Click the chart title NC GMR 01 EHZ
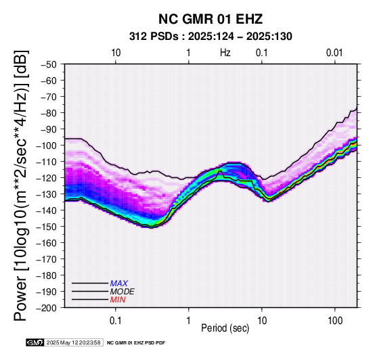tap(211, 19)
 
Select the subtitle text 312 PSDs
tap(154, 37)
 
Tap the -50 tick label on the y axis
tap(49, 64)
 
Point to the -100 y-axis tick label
tap(47, 145)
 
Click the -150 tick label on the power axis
tap(47, 227)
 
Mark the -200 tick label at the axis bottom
tap(47, 308)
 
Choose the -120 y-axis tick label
tap(47, 178)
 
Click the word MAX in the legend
tap(119, 284)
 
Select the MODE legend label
tap(123, 292)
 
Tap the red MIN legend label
tap(118, 300)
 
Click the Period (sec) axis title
tap(225, 328)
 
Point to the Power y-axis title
tap(21, 185)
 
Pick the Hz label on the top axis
tap(225, 53)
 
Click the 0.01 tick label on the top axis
tap(334, 53)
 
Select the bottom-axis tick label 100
tap(335, 320)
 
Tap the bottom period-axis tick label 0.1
tap(116, 320)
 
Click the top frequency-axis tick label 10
tap(116, 53)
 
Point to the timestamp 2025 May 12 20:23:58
tap(73, 342)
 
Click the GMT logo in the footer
tap(35, 342)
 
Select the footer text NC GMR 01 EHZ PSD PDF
tap(136, 343)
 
